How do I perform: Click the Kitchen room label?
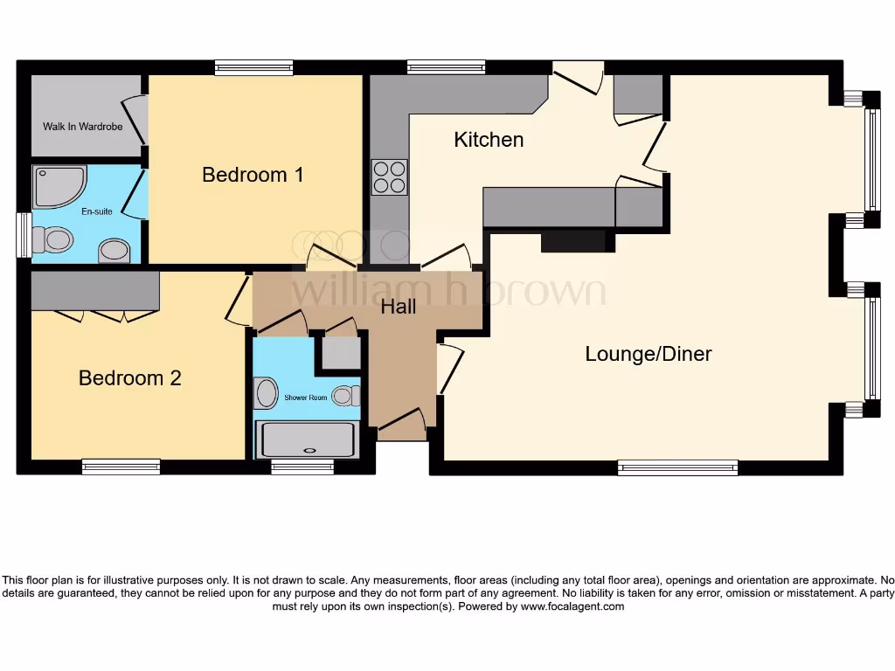click(489, 140)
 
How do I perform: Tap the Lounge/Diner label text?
click(648, 354)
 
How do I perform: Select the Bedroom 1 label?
click(253, 175)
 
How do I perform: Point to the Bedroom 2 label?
click(129, 378)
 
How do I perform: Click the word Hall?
click(398, 307)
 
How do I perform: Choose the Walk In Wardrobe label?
click(82, 127)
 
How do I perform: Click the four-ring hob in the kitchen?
click(389, 176)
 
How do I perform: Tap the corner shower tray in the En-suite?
click(58, 186)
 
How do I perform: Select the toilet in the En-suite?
click(53, 239)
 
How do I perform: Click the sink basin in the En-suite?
click(114, 251)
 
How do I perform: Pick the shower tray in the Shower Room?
click(307, 439)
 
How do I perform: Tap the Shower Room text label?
click(305, 398)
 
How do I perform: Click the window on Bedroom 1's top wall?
click(253, 67)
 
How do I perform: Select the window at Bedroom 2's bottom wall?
click(121, 467)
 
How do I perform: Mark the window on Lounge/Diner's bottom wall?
click(677, 467)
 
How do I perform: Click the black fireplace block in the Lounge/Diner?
click(573, 242)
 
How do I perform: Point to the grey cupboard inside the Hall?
click(342, 352)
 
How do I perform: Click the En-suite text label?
click(97, 211)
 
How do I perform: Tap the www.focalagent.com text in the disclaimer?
click(572, 606)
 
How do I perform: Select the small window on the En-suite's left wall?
click(24, 235)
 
